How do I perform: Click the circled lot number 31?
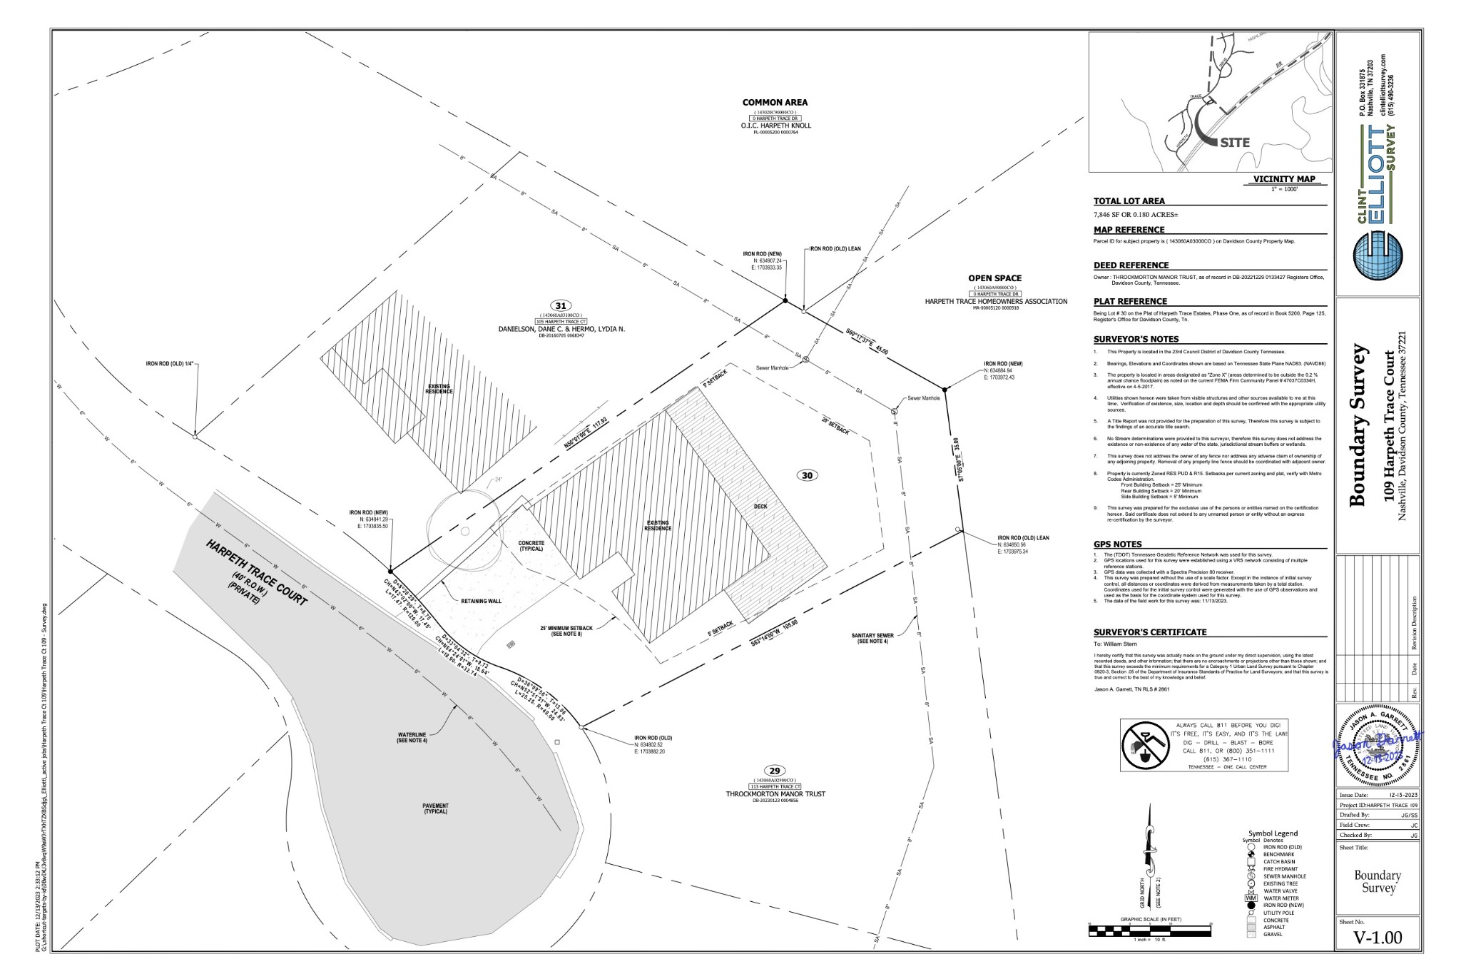click(x=561, y=306)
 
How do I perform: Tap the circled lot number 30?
click(x=807, y=476)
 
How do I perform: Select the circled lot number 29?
click(x=774, y=771)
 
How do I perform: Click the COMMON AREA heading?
click(x=775, y=103)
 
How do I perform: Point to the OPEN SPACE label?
click(x=994, y=278)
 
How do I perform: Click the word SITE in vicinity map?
click(x=1234, y=143)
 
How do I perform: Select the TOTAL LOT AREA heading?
click(x=1129, y=201)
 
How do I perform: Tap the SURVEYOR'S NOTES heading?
click(x=1136, y=339)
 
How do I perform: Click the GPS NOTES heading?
click(x=1118, y=544)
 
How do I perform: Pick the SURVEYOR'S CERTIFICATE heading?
click(x=1150, y=632)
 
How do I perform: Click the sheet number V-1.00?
click(x=1378, y=938)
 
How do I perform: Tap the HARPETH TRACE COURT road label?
click(x=256, y=574)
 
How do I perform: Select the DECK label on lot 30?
click(x=760, y=507)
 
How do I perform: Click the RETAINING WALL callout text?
click(x=482, y=601)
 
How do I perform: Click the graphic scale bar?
click(x=1150, y=929)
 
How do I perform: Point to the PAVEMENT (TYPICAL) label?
click(x=435, y=808)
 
